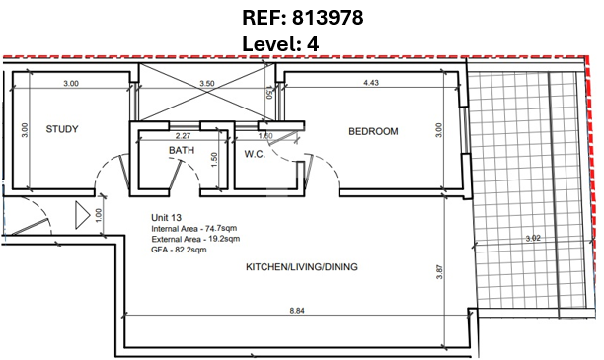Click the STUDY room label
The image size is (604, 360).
coord(62,129)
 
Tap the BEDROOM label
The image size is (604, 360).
coord(373,132)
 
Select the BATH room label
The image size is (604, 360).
coord(182,150)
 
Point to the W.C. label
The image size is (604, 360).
coord(255,155)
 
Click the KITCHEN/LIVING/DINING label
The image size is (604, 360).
coord(302,267)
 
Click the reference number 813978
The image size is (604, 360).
coord(328,18)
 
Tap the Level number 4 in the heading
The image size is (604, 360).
coord(313,44)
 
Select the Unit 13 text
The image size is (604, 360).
coord(166,218)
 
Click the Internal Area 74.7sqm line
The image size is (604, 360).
coord(194,228)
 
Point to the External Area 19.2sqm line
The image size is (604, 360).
coord(195,239)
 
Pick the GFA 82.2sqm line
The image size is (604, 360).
coord(179,250)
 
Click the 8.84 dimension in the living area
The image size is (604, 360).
coord(297,311)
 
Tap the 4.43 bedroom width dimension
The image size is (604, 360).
coord(371,83)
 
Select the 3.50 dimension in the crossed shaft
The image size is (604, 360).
coord(207,83)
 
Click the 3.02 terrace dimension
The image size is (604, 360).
coord(533,239)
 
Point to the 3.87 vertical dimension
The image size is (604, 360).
coord(440,272)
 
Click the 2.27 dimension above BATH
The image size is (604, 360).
coord(183,136)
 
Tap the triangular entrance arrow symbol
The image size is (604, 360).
coord(83,215)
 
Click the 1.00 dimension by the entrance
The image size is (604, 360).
coord(99,215)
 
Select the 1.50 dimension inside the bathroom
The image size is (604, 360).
coord(214,160)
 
